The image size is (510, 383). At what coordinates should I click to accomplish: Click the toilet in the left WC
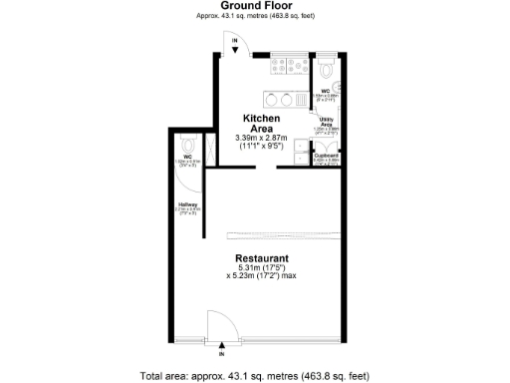[187, 144]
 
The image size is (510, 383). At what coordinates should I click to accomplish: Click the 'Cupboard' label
[327, 156]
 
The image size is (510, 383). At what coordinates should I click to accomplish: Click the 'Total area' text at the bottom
[254, 375]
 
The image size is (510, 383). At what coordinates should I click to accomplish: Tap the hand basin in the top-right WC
[339, 85]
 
